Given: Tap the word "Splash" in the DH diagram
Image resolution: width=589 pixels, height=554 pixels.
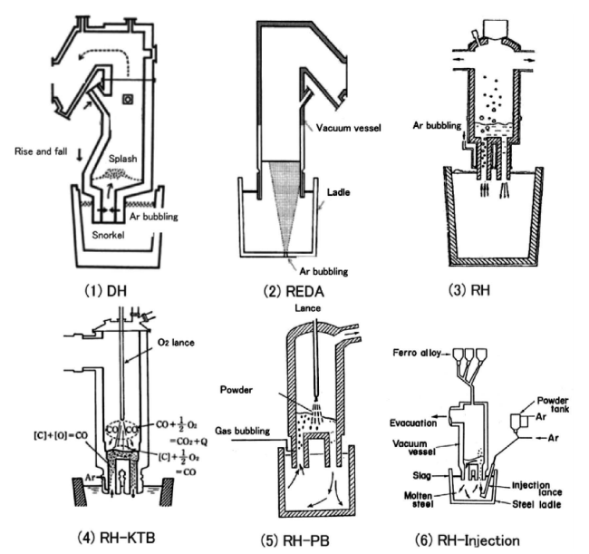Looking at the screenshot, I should click(x=125, y=180).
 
